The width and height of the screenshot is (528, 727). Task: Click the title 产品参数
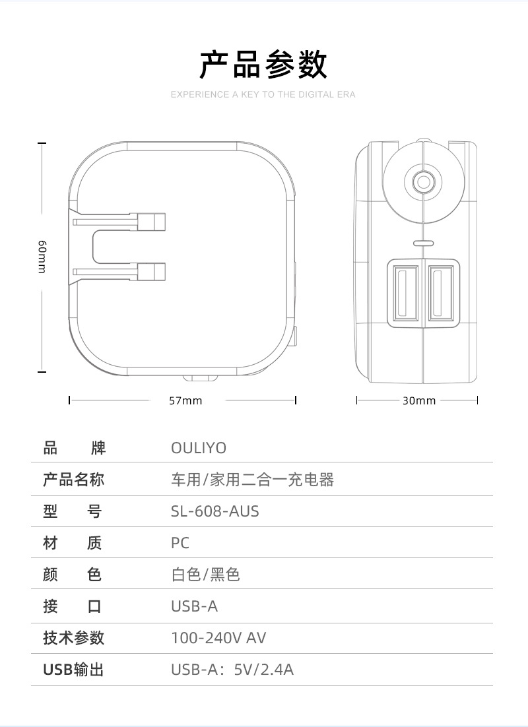point(263,65)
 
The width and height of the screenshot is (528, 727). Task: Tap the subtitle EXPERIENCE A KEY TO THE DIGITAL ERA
point(263,95)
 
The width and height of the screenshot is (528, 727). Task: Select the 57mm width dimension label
point(186,400)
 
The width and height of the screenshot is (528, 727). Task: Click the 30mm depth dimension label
point(419,400)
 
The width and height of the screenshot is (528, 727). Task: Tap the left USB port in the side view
point(406,292)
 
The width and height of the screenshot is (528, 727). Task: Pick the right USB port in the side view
point(440,292)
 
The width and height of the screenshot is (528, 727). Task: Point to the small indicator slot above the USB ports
point(422,242)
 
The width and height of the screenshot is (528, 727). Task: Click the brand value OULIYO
point(199,449)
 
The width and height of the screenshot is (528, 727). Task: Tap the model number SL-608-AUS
point(215,511)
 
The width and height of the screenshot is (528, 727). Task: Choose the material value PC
point(180,543)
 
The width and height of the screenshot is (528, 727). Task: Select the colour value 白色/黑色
point(205,575)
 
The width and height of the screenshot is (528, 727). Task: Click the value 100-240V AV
point(218,638)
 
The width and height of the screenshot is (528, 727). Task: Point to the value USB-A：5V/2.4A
point(232,670)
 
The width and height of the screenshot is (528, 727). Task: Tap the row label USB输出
point(73,670)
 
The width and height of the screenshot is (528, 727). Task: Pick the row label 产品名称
point(73,480)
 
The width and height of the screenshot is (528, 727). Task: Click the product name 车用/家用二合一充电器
point(253,480)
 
